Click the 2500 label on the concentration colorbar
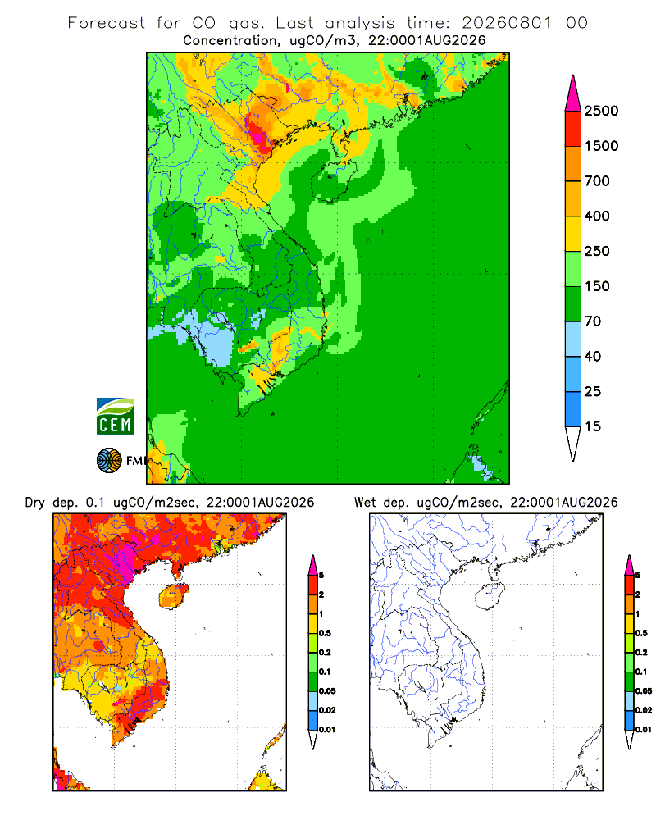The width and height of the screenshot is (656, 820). pos(601,111)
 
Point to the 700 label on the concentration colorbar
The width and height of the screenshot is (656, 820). pos(597,181)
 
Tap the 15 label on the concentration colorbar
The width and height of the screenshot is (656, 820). pos(593,426)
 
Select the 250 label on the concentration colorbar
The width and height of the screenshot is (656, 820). pos(597,251)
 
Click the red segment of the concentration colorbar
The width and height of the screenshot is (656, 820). pos(573,129)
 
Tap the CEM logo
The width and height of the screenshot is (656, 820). pos(115,417)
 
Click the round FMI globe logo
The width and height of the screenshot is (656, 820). pos(109,461)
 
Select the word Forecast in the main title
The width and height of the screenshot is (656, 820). pos(107,23)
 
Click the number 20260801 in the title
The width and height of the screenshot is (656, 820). pos(507,23)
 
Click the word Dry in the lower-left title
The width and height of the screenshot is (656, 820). pos(35,503)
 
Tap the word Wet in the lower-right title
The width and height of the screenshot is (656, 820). pos(365,503)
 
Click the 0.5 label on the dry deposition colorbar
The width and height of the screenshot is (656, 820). pos(326,633)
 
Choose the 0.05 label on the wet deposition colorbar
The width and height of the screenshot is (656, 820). pos(644,691)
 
